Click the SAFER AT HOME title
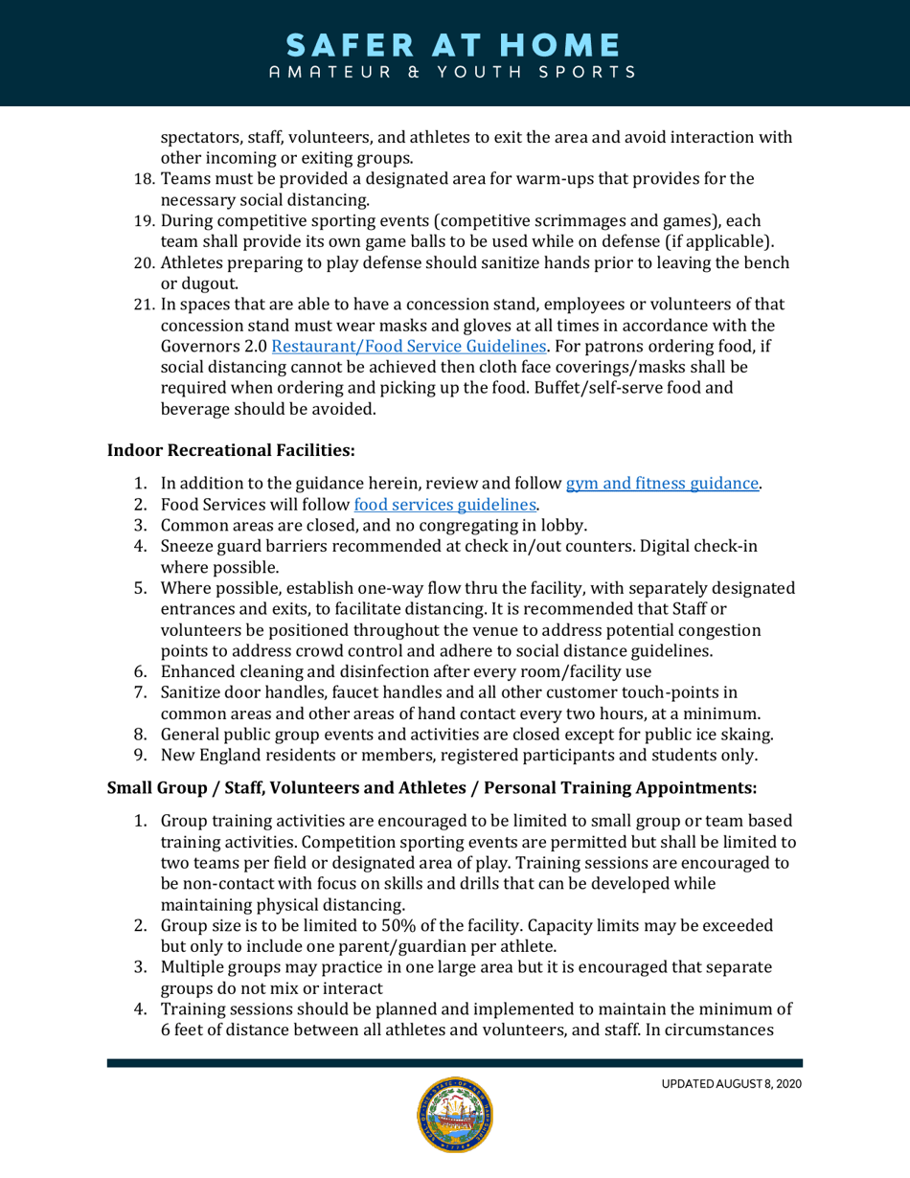[455, 44]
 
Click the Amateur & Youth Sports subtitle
[455, 72]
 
